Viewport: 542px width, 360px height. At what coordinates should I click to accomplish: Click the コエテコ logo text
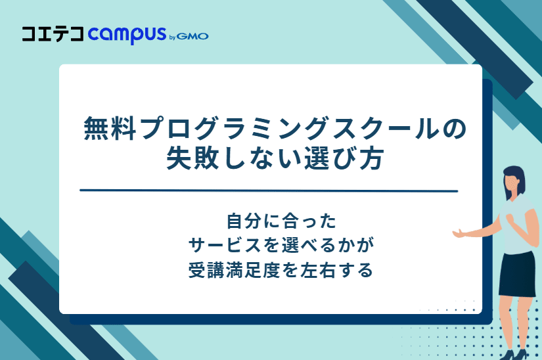click(53, 34)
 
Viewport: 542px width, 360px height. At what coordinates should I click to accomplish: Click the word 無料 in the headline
click(107, 128)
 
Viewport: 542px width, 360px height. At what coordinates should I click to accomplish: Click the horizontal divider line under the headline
click(268, 191)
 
